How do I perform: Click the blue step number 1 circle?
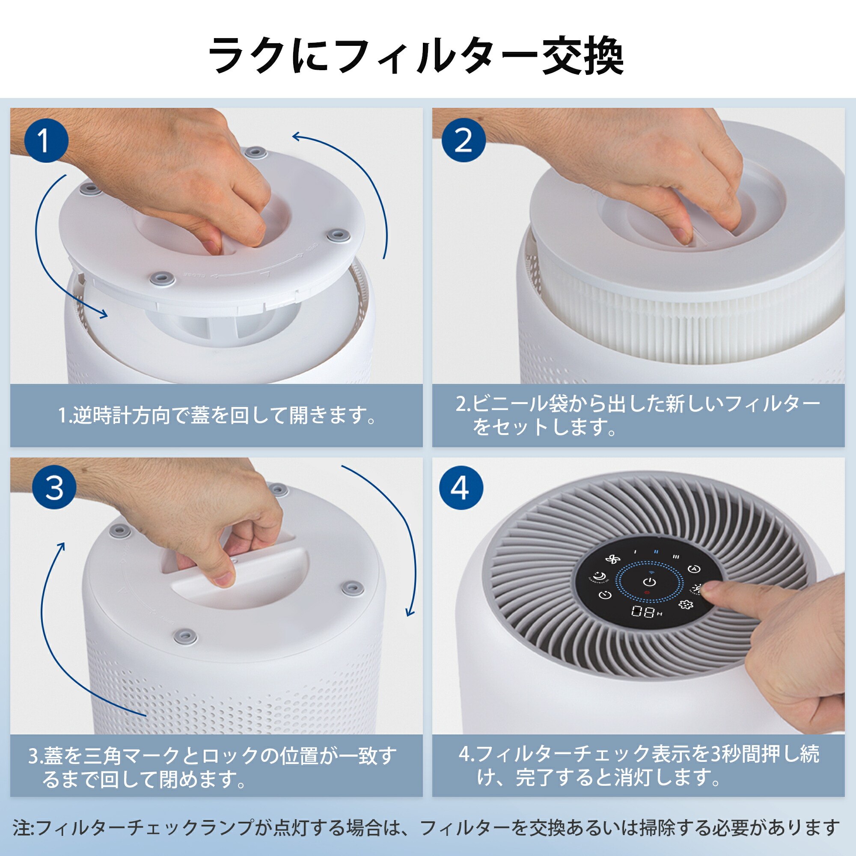(x=46, y=140)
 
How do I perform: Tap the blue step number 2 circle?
(x=464, y=140)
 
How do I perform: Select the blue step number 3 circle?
(x=54, y=487)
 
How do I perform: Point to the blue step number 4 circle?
(x=461, y=487)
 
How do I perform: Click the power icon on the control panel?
(x=650, y=582)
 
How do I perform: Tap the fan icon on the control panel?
(x=613, y=559)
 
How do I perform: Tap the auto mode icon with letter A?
(x=693, y=569)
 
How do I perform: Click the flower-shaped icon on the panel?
(x=686, y=604)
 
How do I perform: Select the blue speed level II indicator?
(x=656, y=552)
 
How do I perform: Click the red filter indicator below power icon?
(x=647, y=592)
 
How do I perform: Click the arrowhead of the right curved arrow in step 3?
(x=410, y=614)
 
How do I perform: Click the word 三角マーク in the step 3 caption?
(x=131, y=756)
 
